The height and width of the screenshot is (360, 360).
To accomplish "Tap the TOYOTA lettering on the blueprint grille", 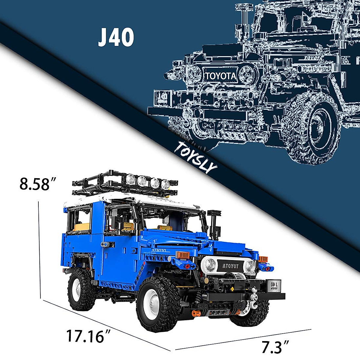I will pos(221,76).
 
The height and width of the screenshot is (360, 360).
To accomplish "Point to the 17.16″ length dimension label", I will pos(85,336).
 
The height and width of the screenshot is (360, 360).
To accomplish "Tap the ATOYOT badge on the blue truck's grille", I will pos(231,266).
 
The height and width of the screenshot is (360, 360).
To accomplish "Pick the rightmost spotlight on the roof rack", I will pos(165,184).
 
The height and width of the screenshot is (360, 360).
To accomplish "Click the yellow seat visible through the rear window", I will pos(81,226).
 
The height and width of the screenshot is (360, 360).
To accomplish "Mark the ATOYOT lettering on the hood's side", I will pos(159,250).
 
